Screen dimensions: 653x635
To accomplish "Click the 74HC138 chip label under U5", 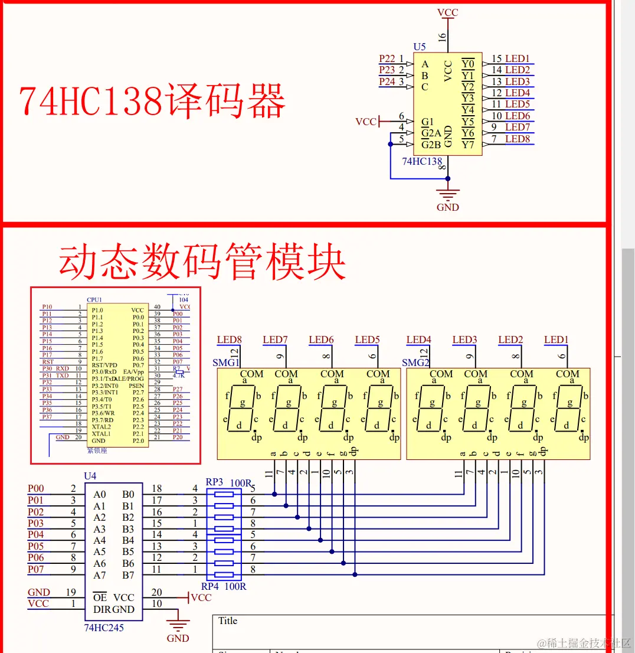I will (x=421, y=161).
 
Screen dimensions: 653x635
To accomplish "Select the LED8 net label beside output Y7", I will (x=518, y=139).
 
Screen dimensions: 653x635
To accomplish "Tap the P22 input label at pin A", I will (x=387, y=58).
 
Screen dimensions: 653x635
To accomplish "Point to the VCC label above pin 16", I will (x=447, y=12).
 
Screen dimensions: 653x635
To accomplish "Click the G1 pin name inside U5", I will (x=427, y=122).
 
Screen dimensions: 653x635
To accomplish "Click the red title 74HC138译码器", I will (x=152, y=100).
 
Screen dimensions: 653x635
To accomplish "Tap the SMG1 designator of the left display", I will (x=225, y=363).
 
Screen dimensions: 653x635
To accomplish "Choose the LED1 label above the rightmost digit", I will (x=556, y=339).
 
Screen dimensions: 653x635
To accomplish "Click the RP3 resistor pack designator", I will (x=214, y=482).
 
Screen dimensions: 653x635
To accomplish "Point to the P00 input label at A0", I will (x=36, y=488).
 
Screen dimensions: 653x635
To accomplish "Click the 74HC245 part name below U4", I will (x=104, y=628).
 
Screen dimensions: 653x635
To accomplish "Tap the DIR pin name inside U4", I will (x=102, y=609).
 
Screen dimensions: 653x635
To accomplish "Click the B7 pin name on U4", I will (x=128, y=575).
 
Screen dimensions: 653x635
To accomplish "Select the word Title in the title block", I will (x=228, y=621).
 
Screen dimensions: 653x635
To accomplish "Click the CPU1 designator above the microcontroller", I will (x=94, y=300).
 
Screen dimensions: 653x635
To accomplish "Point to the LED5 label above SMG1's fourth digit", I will (x=367, y=339).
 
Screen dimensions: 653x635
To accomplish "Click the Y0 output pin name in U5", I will (x=468, y=64).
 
